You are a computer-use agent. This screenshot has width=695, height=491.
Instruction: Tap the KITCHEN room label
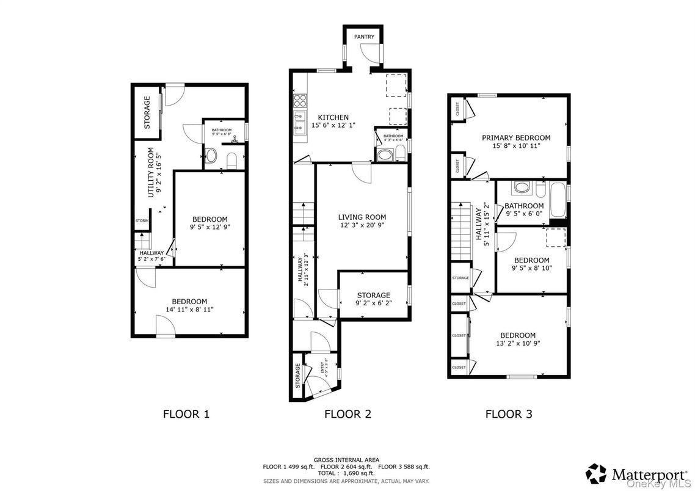click(x=333, y=117)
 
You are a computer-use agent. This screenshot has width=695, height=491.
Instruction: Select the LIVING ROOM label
click(x=362, y=217)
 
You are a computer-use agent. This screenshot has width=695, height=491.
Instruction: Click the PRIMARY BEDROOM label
click(x=516, y=138)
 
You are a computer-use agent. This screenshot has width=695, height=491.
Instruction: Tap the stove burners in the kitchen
click(x=300, y=100)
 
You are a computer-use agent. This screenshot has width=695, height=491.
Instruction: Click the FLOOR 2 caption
click(x=347, y=414)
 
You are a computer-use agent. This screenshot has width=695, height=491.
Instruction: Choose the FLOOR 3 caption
click(x=509, y=414)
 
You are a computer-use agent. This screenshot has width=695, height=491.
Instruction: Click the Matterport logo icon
click(x=596, y=474)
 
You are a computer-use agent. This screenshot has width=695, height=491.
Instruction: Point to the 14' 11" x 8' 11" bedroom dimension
click(x=189, y=310)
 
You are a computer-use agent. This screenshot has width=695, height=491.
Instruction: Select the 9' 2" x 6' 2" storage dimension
click(x=373, y=304)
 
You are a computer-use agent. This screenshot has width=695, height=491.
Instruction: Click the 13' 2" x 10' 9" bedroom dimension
click(x=518, y=343)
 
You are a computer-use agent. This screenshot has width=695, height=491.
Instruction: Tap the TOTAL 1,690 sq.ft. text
click(x=346, y=473)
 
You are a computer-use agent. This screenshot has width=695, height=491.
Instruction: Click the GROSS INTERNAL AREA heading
click(x=346, y=460)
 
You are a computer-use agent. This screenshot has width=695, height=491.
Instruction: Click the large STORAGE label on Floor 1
click(x=147, y=112)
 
